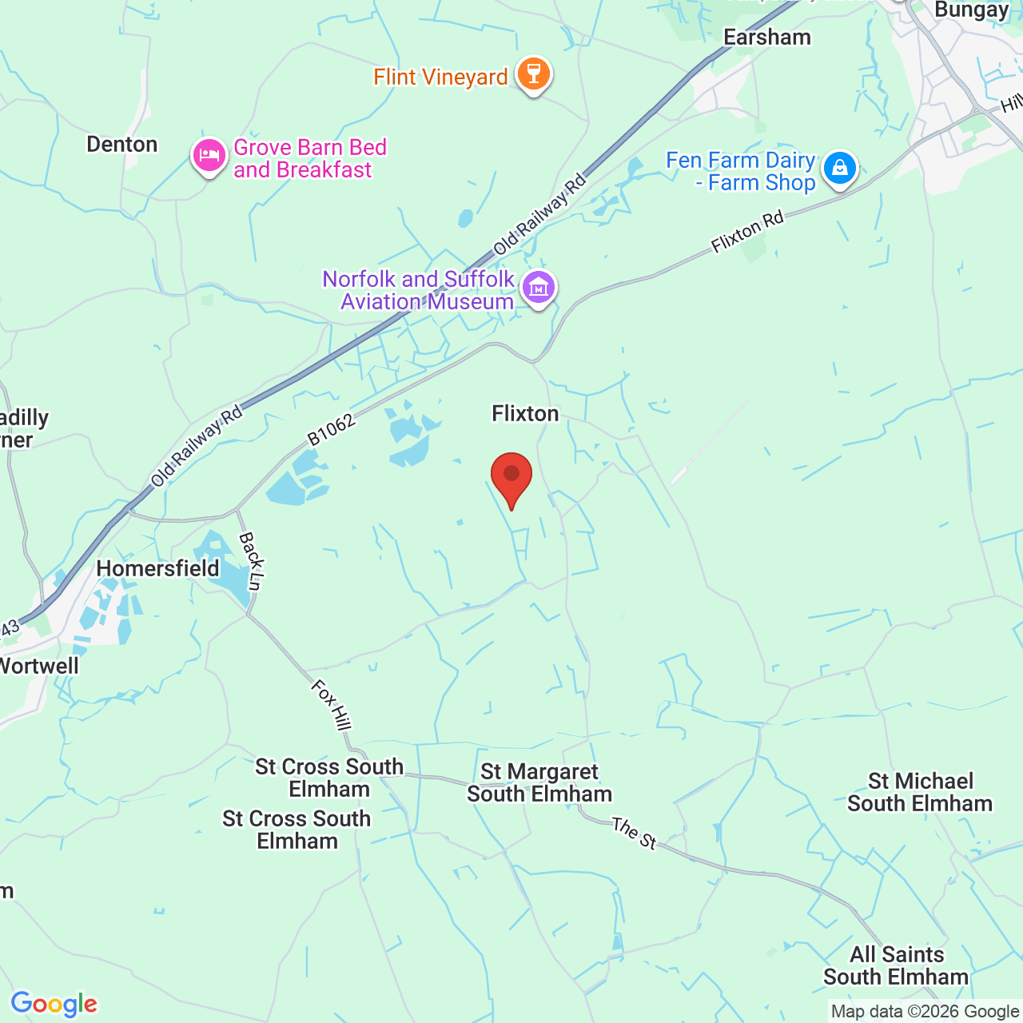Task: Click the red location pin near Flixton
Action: tap(511, 476)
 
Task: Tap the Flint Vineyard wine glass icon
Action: tap(533, 74)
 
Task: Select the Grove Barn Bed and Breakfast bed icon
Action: tap(209, 155)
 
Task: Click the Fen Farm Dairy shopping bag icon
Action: tap(839, 168)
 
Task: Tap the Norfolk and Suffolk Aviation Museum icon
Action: tap(539, 287)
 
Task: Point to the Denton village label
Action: tap(122, 145)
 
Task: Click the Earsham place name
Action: tap(767, 38)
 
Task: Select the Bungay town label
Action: tap(971, 10)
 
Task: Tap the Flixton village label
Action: tap(525, 413)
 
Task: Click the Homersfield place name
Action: tap(157, 568)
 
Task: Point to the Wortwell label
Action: tap(38, 666)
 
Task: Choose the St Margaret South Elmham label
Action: tap(539, 783)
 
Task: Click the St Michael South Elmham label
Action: tap(920, 792)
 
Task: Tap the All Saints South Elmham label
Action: tap(896, 965)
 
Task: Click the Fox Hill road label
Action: tap(331, 704)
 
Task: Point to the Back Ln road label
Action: tap(251, 561)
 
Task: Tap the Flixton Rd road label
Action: tap(747, 233)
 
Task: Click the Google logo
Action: tap(54, 1004)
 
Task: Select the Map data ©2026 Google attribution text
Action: tap(925, 1012)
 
